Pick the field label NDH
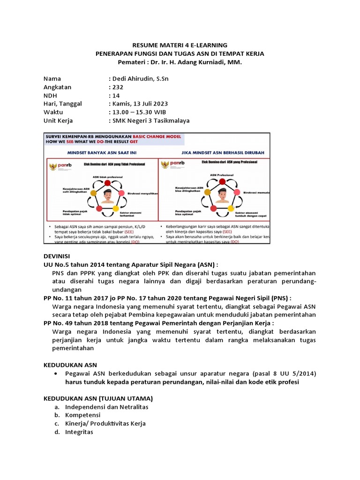click(50, 95)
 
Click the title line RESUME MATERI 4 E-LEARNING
click(180, 45)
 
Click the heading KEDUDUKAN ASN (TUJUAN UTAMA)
click(98, 398)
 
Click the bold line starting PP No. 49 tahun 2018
click(158, 323)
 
